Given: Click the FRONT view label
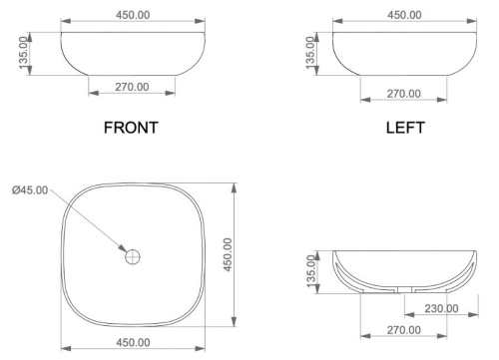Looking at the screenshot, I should pos(132,129).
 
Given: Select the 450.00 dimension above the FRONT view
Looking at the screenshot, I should pos(131,15).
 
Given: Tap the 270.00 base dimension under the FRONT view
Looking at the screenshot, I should pos(132,88).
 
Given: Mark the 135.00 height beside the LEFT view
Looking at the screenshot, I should pos(310,53).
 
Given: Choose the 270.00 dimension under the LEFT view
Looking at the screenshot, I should pos(404,94).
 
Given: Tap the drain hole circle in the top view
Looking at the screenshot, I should pos(132,256).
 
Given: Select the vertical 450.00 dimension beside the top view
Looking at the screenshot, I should pos(228,254).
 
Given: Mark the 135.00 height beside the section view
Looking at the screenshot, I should pos(311,267).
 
